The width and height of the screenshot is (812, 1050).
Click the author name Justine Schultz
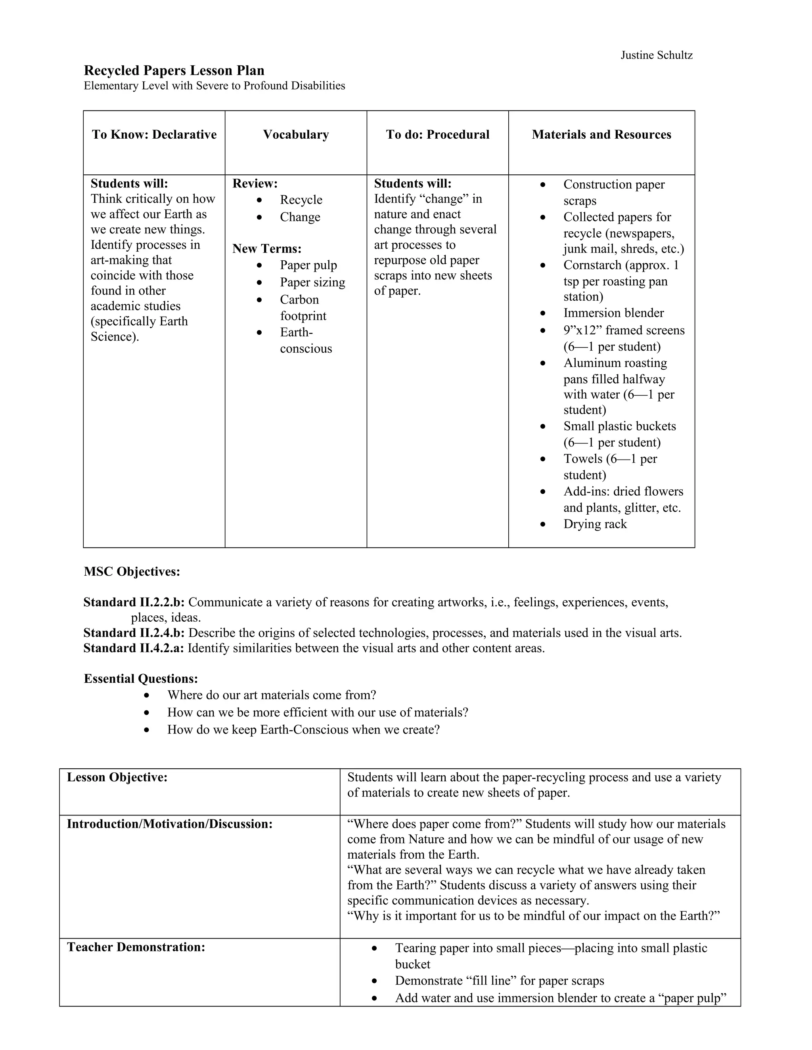tap(656, 55)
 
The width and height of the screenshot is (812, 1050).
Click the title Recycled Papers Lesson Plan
tap(174, 71)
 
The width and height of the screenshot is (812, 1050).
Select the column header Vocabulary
tap(296, 135)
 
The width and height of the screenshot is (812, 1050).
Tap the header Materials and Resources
tap(601, 135)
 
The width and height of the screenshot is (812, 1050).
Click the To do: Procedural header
tap(437, 135)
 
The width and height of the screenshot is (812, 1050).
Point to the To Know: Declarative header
tap(154, 135)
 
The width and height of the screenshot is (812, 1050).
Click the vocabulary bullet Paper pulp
tap(308, 265)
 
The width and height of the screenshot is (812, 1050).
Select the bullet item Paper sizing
tap(312, 282)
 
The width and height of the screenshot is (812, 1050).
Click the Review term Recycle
tap(301, 200)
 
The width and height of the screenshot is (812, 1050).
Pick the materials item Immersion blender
tap(613, 313)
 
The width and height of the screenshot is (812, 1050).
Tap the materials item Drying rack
tap(595, 524)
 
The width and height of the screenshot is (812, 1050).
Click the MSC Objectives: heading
tap(132, 572)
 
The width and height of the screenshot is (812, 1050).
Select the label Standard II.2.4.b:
tap(134, 633)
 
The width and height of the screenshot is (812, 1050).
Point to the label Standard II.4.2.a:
tap(134, 648)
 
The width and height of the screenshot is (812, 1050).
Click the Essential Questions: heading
tap(141, 679)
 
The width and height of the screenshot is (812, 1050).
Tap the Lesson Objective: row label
tap(117, 777)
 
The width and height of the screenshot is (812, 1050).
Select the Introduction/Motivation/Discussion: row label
tap(170, 824)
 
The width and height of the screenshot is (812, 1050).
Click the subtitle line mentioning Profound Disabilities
tap(214, 86)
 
